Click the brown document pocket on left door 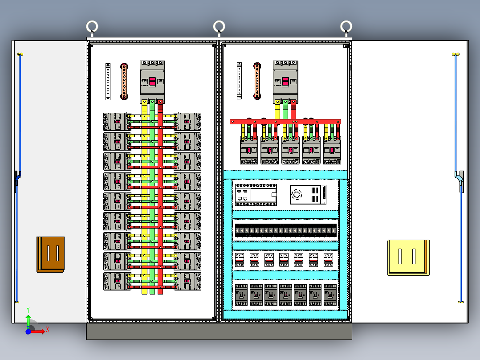tap(51, 254)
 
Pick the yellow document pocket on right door tap(408, 257)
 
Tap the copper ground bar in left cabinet tap(124, 81)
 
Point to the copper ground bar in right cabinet tap(257, 81)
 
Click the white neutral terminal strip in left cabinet tap(108, 82)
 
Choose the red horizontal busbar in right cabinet tap(285, 121)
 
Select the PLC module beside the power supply tap(255, 195)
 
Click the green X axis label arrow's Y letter tap(28, 309)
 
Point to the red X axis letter tap(47, 329)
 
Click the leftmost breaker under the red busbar tap(249, 151)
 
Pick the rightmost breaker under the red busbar tap(332, 151)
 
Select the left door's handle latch tap(17, 180)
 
